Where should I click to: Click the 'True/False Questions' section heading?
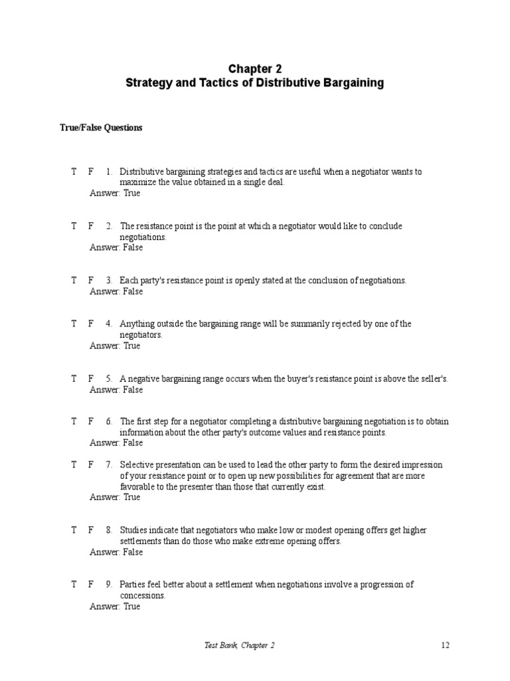pos(100,128)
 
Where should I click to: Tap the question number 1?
pos(108,172)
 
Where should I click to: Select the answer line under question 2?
pos(116,247)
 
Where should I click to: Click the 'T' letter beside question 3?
pos(74,281)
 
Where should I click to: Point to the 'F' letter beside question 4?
pos(91,324)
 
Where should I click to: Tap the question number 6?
pos(108,422)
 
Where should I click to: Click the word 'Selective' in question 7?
pos(137,465)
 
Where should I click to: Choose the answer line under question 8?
pos(116,552)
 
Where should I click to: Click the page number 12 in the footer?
pos(445,645)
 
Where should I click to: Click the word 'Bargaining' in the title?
pos(352,83)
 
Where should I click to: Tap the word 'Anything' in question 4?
pos(137,324)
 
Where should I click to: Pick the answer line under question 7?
pos(115,497)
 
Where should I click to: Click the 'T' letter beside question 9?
pos(74,585)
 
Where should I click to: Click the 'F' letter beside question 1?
pos(91,172)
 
